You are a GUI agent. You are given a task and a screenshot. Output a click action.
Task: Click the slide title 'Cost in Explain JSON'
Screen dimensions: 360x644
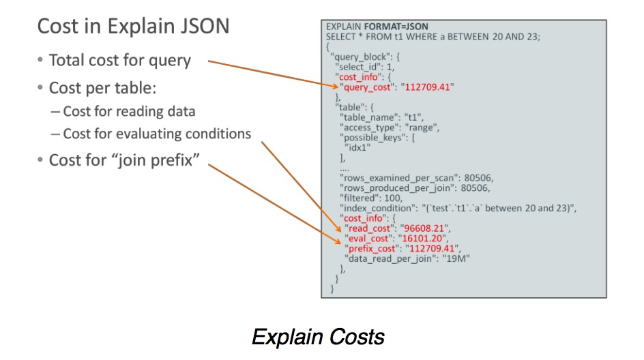tap(132, 27)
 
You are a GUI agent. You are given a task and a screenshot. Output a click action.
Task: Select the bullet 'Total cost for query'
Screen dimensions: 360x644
tap(119, 60)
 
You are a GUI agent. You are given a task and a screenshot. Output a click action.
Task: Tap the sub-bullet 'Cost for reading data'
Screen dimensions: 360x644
tap(129, 111)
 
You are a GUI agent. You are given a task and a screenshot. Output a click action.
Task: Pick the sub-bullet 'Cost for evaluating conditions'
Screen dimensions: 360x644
tap(157, 134)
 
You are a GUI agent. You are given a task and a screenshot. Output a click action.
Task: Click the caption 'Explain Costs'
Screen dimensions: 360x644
tap(318, 337)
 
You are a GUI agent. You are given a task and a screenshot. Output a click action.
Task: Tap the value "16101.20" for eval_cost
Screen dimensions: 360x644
tap(423, 239)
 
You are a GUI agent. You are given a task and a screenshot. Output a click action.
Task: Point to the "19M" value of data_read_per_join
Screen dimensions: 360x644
tap(456, 259)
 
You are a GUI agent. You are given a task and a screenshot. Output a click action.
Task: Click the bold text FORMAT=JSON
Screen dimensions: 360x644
tap(398, 26)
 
